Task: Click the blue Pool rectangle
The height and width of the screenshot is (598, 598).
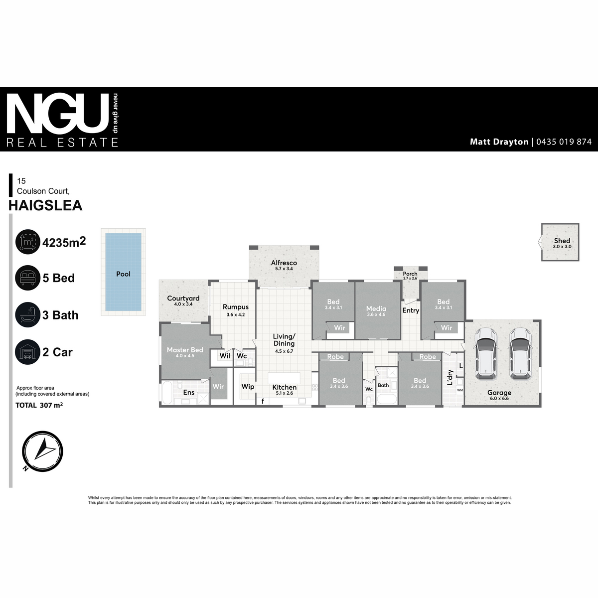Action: (123, 272)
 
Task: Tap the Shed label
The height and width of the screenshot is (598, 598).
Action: (562, 241)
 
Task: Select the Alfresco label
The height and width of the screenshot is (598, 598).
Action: (284, 263)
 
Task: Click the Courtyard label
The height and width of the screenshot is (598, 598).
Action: (183, 298)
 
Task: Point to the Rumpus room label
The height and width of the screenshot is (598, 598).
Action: (236, 307)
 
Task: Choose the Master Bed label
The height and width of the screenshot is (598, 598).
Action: (185, 350)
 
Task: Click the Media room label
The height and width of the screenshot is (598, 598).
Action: (376, 308)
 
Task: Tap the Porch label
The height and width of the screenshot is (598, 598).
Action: (410, 274)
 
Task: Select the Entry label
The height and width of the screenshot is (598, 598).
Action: (411, 310)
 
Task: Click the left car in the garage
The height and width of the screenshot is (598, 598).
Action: (486, 353)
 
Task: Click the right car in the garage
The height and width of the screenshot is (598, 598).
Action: (520, 353)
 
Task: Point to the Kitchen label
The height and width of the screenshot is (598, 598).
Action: (284, 387)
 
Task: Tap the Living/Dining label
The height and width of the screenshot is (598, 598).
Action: (284, 340)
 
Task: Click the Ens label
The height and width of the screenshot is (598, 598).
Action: (189, 392)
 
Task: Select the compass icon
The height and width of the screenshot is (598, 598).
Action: (42, 451)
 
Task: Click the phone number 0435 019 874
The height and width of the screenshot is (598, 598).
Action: (564, 142)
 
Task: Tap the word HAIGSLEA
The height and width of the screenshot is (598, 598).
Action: (45, 205)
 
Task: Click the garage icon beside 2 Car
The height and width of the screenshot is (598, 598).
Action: (27, 352)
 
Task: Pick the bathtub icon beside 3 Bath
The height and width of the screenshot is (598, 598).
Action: (27, 314)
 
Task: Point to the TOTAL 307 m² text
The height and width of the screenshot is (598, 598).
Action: (39, 405)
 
